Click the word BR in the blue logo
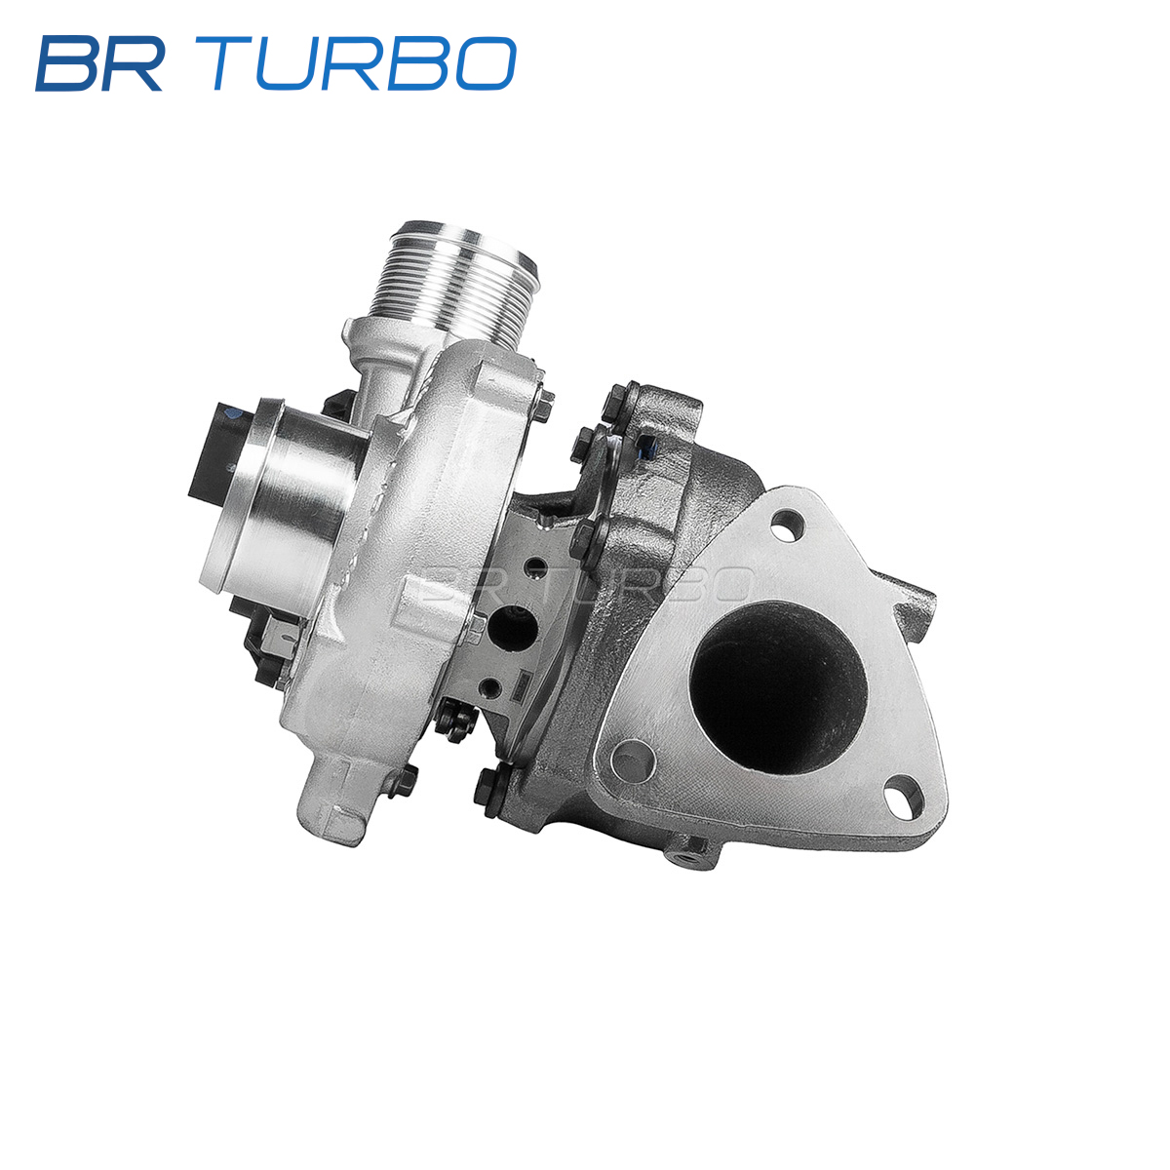(x=99, y=63)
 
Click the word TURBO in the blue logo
(x=365, y=63)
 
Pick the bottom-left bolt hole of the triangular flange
(x=633, y=760)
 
